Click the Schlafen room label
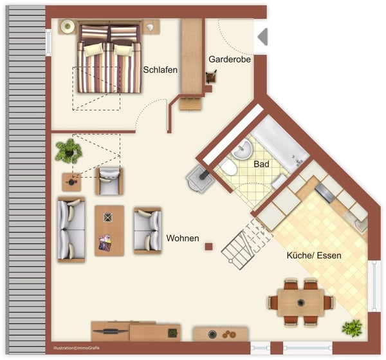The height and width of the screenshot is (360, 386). coord(160,70)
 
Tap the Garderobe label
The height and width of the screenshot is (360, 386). coord(229,59)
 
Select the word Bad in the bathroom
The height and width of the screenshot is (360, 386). coord(261,164)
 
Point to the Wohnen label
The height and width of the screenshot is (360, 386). coord(183,238)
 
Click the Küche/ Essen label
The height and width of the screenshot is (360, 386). coord(314,255)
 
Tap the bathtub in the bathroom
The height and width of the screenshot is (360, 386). coord(280,145)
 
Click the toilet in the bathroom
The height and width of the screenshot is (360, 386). coord(227,168)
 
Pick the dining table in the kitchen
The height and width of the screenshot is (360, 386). coord(300,301)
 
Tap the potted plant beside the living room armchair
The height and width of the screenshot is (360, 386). coord(68,151)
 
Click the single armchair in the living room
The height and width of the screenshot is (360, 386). coord(109,180)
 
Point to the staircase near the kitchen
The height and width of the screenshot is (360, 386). coord(246,242)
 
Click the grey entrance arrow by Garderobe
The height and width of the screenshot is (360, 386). coord(262,37)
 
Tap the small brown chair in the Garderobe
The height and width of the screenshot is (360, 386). coord(211,77)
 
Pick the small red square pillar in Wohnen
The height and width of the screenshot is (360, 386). coord(208,246)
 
